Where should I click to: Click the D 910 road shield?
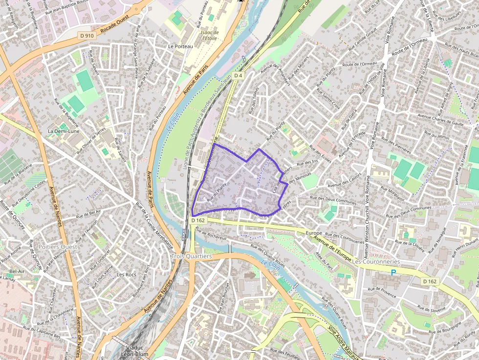click(87, 36)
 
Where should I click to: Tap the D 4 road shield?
click(238, 76)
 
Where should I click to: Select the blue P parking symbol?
click(393, 272)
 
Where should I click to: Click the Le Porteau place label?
click(180, 46)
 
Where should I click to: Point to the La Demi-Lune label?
click(64, 131)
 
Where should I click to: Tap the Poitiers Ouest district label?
click(58, 247)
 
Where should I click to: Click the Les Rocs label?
click(126, 275)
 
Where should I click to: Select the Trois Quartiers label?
click(192, 256)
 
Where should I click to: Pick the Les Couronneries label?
click(376, 262)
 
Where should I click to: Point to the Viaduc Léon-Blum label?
click(130, 351)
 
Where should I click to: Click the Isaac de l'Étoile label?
click(209, 35)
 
